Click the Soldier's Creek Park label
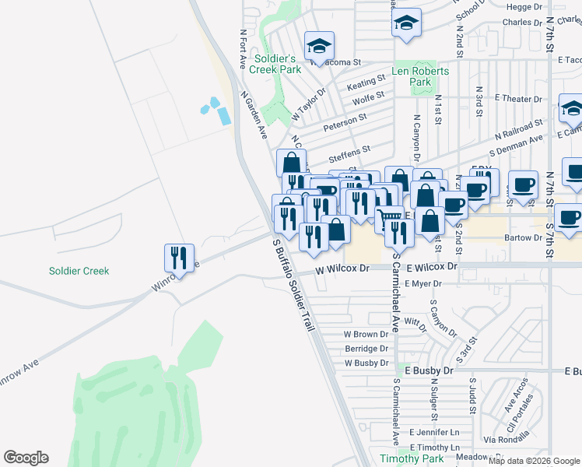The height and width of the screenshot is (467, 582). (x=275, y=64)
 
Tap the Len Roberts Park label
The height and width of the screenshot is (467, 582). (x=420, y=76)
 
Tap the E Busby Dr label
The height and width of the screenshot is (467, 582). (x=428, y=371)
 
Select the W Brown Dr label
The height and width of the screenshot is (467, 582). (x=366, y=334)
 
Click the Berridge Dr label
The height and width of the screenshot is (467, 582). (x=366, y=349)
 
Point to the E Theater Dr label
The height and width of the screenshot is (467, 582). (x=518, y=99)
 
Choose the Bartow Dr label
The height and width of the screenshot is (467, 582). (x=522, y=237)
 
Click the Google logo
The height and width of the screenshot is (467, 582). (x=26, y=458)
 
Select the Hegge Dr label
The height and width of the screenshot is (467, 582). (x=524, y=6)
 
